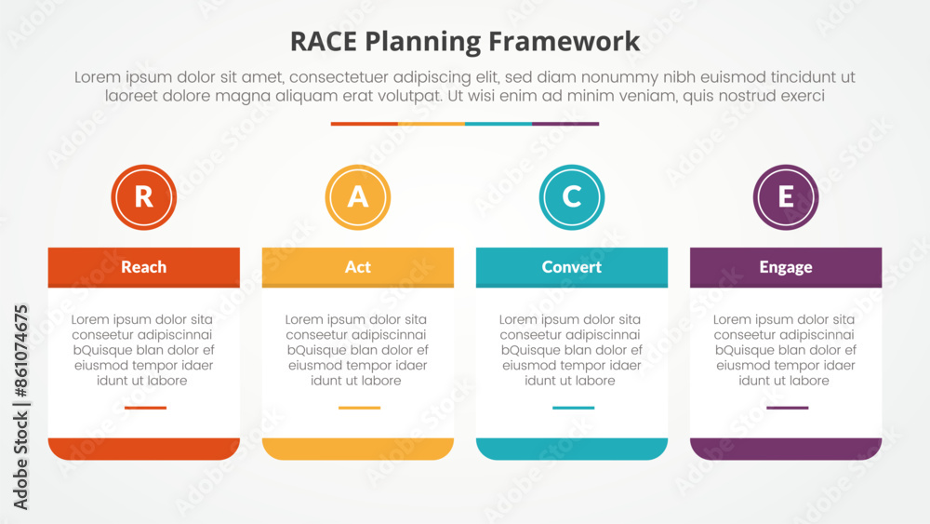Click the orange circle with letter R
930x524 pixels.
click(x=144, y=196)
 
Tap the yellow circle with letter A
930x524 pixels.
click(x=358, y=196)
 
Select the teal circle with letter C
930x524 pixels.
click(x=572, y=196)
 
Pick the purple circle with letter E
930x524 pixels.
click(x=786, y=196)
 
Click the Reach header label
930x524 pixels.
click(x=144, y=267)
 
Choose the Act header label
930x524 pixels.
click(x=358, y=267)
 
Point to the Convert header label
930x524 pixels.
click(x=572, y=267)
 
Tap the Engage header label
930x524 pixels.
click(x=786, y=267)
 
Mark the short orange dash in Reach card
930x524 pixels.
click(x=145, y=408)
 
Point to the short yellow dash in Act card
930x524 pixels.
click(x=359, y=408)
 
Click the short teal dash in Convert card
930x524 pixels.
click(x=573, y=408)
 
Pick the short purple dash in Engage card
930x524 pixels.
click(x=787, y=408)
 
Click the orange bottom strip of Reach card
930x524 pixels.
click(x=144, y=449)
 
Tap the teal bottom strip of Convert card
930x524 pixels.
click(x=572, y=449)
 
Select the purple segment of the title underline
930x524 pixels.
click(x=565, y=124)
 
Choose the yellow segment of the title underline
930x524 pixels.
click(x=432, y=124)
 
